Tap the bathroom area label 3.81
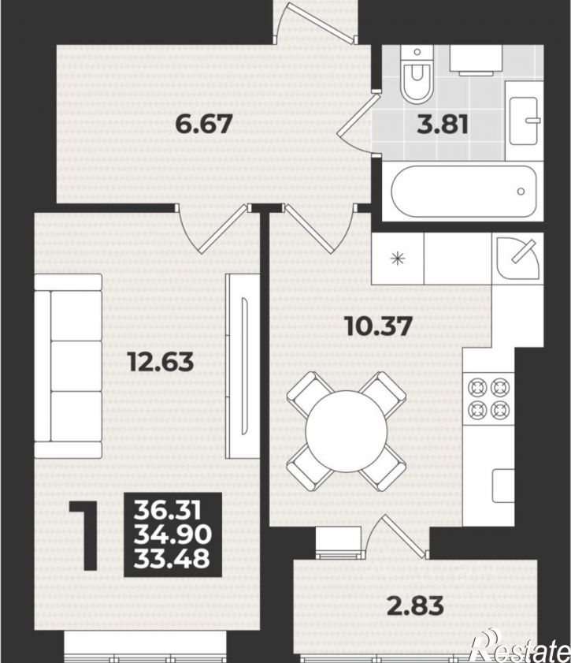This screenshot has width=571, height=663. [x=443, y=125]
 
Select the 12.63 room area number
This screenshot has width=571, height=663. [x=161, y=362]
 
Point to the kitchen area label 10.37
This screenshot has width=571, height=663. [x=378, y=326]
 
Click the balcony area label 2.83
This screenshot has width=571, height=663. [x=416, y=605]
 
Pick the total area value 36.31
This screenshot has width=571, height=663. [x=167, y=511]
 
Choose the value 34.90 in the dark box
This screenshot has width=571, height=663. [x=172, y=534]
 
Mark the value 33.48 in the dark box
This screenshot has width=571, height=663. [x=172, y=557]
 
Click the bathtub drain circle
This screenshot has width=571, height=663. [x=521, y=192]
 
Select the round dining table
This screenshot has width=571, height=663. [x=347, y=431]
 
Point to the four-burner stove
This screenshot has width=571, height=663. [x=488, y=398]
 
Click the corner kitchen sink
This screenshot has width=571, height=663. [x=517, y=259]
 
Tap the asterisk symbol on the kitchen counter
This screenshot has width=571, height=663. [x=398, y=259]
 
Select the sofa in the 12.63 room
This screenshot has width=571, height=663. [x=68, y=366]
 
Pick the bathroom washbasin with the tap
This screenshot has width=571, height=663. [x=524, y=121]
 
